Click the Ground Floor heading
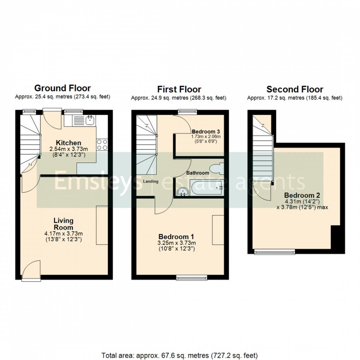pyautogui.click(x=62, y=88)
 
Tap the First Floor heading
pyautogui.click(x=179, y=89)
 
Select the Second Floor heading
pyautogui.click(x=295, y=89)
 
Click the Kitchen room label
pyautogui.click(x=69, y=143)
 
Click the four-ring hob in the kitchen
pyautogui.click(x=102, y=144)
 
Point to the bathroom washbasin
pyautogui.click(x=182, y=191)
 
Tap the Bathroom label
pyautogui.click(x=198, y=173)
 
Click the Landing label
pyautogui.click(x=151, y=181)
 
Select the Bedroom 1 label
pyautogui.click(x=176, y=236)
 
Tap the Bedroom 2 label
pyautogui.click(x=299, y=195)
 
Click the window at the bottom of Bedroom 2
pyautogui.click(x=275, y=252)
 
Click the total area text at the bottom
pyautogui.click(x=180, y=355)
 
